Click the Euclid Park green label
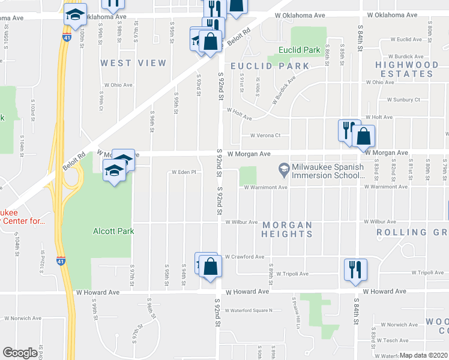tap(295, 50)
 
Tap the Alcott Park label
tap(113, 230)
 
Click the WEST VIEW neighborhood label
tap(133, 63)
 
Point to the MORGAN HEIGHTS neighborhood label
tap(288, 229)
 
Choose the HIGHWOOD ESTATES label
tap(407, 69)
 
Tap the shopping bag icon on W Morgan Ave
tap(364, 137)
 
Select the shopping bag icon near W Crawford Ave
tap(210, 267)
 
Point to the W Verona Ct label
tap(265, 136)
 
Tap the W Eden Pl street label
tap(184, 172)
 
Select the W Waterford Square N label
tap(250, 310)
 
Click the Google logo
tap(20, 353)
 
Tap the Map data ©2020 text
tap(423, 355)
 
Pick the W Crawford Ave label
tap(245, 257)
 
